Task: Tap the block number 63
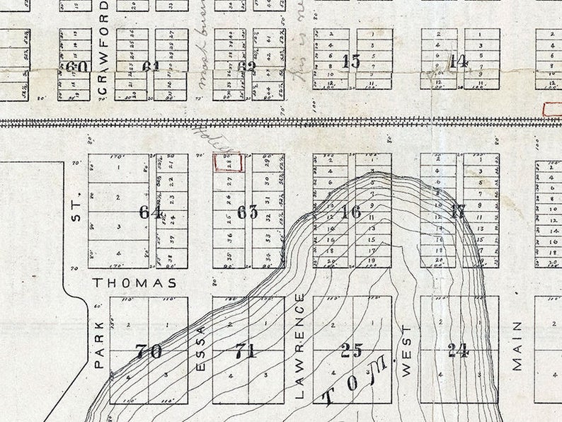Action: click(x=248, y=212)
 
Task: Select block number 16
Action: click(x=351, y=211)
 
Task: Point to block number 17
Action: click(x=458, y=211)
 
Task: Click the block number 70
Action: click(x=149, y=350)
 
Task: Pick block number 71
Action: click(x=246, y=350)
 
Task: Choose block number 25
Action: click(x=351, y=350)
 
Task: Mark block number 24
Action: click(x=458, y=350)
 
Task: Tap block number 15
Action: click(x=351, y=61)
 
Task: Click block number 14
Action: click(x=459, y=61)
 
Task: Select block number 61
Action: click(x=151, y=67)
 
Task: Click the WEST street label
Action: click(x=406, y=350)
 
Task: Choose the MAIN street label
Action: click(x=517, y=346)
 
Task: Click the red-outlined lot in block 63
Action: click(x=228, y=162)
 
